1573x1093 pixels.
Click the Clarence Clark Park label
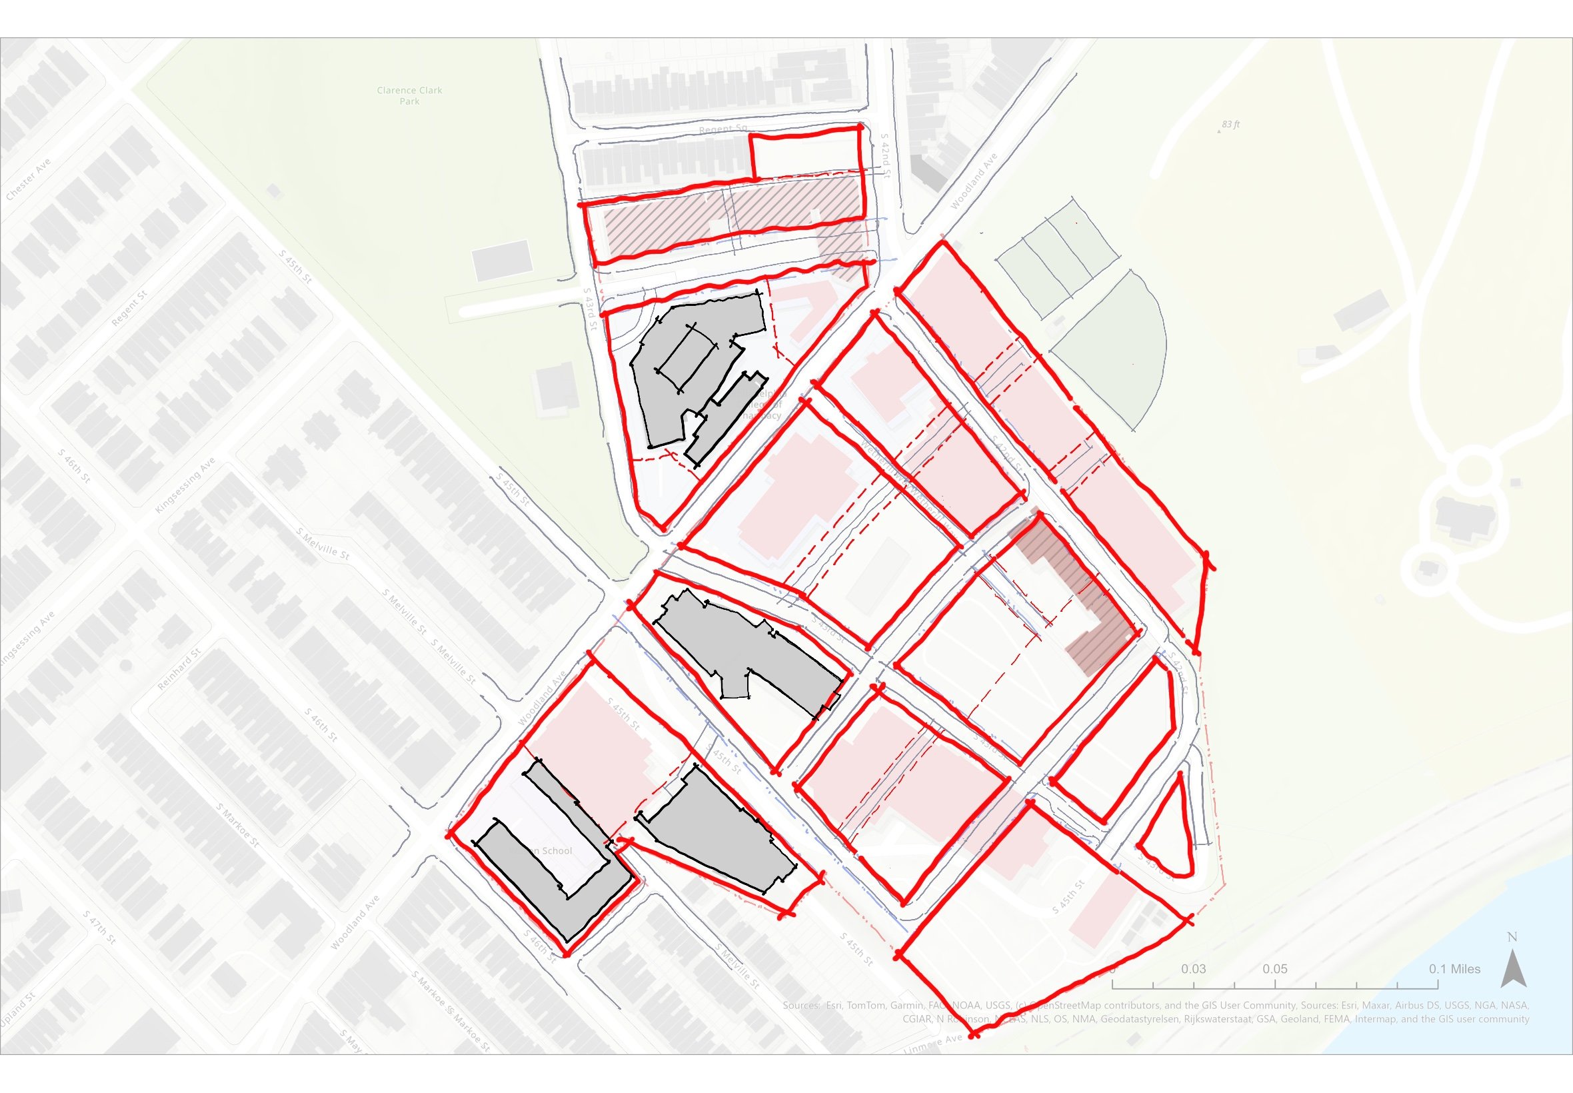pos(409,96)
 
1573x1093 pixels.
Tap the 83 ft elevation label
pos(1230,125)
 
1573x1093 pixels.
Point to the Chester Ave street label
pos(29,179)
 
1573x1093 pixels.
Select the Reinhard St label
pos(179,668)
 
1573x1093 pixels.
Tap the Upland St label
pos(18,1010)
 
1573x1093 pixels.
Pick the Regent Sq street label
pos(723,129)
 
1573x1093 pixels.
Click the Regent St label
pos(129,308)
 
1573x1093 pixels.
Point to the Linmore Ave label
pos(932,1044)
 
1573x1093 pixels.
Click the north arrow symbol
pos(1513,967)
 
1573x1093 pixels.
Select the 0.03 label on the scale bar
pos(1193,969)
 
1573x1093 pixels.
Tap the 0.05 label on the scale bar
pos(1274,969)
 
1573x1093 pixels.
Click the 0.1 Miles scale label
pos(1454,969)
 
